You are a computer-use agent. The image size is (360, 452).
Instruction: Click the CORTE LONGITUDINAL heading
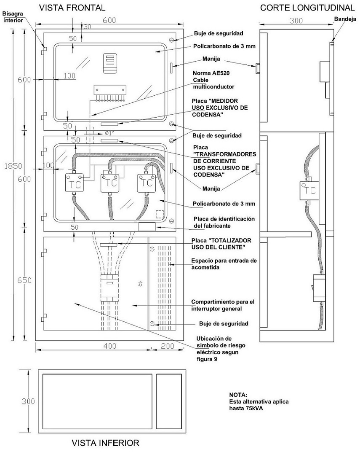coord(307,8)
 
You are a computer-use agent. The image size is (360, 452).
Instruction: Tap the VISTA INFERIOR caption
coord(105,443)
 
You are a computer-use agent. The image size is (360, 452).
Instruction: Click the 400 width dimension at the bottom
coord(110,346)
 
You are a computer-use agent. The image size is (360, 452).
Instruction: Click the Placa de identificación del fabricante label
coord(224,222)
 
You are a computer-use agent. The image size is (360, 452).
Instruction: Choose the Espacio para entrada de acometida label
coord(224,264)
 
